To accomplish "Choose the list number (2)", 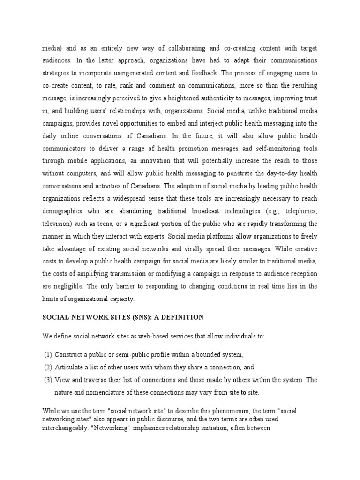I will (x=48, y=367).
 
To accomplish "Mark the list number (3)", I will (x=48, y=380).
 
